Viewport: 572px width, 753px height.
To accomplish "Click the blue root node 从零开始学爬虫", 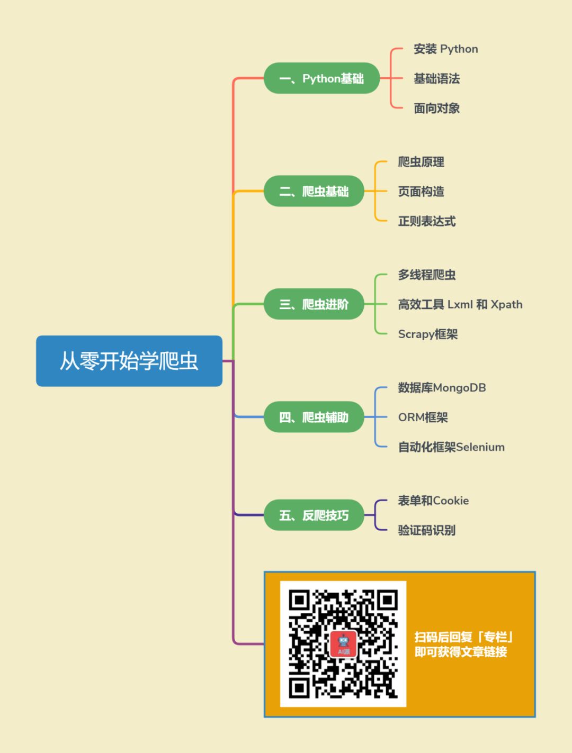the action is [129, 361].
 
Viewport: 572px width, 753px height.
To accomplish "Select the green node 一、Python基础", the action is [321, 78].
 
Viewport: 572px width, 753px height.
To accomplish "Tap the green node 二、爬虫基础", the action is [314, 191].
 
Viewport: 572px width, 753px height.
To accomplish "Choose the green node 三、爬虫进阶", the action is [314, 304].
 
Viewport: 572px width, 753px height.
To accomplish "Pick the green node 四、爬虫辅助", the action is [314, 417].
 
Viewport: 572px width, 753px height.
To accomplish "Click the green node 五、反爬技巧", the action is [314, 515].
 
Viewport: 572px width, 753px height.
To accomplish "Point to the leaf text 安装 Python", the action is [445, 49].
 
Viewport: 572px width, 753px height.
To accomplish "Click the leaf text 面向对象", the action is [436, 108].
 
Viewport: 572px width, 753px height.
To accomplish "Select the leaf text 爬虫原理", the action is [421, 162].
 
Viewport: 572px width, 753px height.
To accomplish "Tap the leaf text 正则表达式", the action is [426, 221].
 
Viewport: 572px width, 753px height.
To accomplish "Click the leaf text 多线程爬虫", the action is [426, 275].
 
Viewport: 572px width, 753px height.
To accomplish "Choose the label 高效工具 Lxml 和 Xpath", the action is [460, 304].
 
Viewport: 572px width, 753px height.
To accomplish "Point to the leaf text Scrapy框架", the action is [427, 334].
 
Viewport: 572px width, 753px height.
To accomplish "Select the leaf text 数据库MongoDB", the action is [442, 388].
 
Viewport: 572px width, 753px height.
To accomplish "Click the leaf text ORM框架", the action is [423, 418].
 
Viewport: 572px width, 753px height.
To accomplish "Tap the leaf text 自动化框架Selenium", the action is [451, 447].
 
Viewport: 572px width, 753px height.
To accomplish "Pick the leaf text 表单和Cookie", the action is [433, 501].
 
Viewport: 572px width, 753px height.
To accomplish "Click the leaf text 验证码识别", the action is [426, 530].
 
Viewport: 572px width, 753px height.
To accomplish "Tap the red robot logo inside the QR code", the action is [343, 644].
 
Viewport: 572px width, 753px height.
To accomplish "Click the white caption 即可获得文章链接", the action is [461, 652].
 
